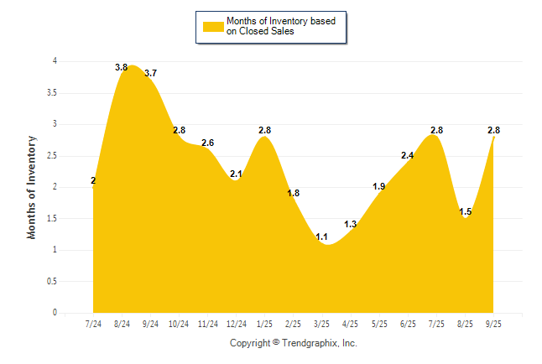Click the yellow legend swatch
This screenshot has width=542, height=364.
[212, 26]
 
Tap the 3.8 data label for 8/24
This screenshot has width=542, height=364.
[121, 67]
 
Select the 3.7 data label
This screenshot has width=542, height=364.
[150, 74]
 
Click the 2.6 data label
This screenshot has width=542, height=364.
[207, 143]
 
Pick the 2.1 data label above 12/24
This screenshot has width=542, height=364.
[236, 174]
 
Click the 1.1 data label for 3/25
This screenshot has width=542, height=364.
[321, 237]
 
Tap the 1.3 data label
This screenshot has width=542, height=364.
[351, 224]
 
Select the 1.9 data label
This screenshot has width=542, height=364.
[379, 186]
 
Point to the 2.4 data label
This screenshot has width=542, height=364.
[408, 155]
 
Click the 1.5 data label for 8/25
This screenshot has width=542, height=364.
[466, 211]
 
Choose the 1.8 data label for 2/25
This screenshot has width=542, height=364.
[294, 193]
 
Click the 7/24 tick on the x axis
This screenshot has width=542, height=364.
[93, 324]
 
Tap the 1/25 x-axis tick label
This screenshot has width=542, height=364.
[265, 324]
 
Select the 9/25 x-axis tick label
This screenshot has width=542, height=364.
[494, 324]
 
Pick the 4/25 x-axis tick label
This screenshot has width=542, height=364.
[351, 324]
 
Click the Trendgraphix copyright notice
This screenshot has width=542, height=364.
[294, 343]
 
